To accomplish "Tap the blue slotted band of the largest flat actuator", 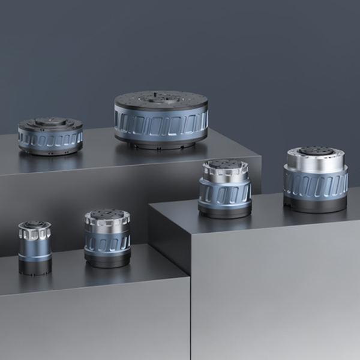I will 161,124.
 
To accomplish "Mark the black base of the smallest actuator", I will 34,265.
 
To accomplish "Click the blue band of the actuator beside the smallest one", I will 107,241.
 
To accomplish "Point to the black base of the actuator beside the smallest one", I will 107,259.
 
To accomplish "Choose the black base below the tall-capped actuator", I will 316,205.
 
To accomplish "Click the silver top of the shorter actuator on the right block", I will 225,171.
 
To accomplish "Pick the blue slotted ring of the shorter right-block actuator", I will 225,193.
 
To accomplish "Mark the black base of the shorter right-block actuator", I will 225,211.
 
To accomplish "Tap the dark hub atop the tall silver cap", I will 316,150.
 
